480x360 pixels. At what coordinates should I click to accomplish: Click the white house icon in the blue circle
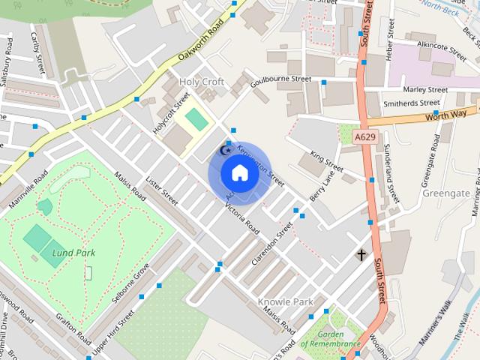click(x=239, y=173)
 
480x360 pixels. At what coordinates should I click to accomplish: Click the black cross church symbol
click(x=361, y=256)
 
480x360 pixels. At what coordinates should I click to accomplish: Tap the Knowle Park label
click(x=285, y=301)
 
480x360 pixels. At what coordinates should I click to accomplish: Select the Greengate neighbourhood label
click(x=447, y=193)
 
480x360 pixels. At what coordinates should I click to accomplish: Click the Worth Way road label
click(x=445, y=114)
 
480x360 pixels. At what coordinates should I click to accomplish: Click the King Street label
click(x=326, y=161)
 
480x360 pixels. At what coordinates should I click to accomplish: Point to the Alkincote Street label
click(x=442, y=46)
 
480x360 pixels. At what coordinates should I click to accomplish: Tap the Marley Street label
click(x=425, y=89)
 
